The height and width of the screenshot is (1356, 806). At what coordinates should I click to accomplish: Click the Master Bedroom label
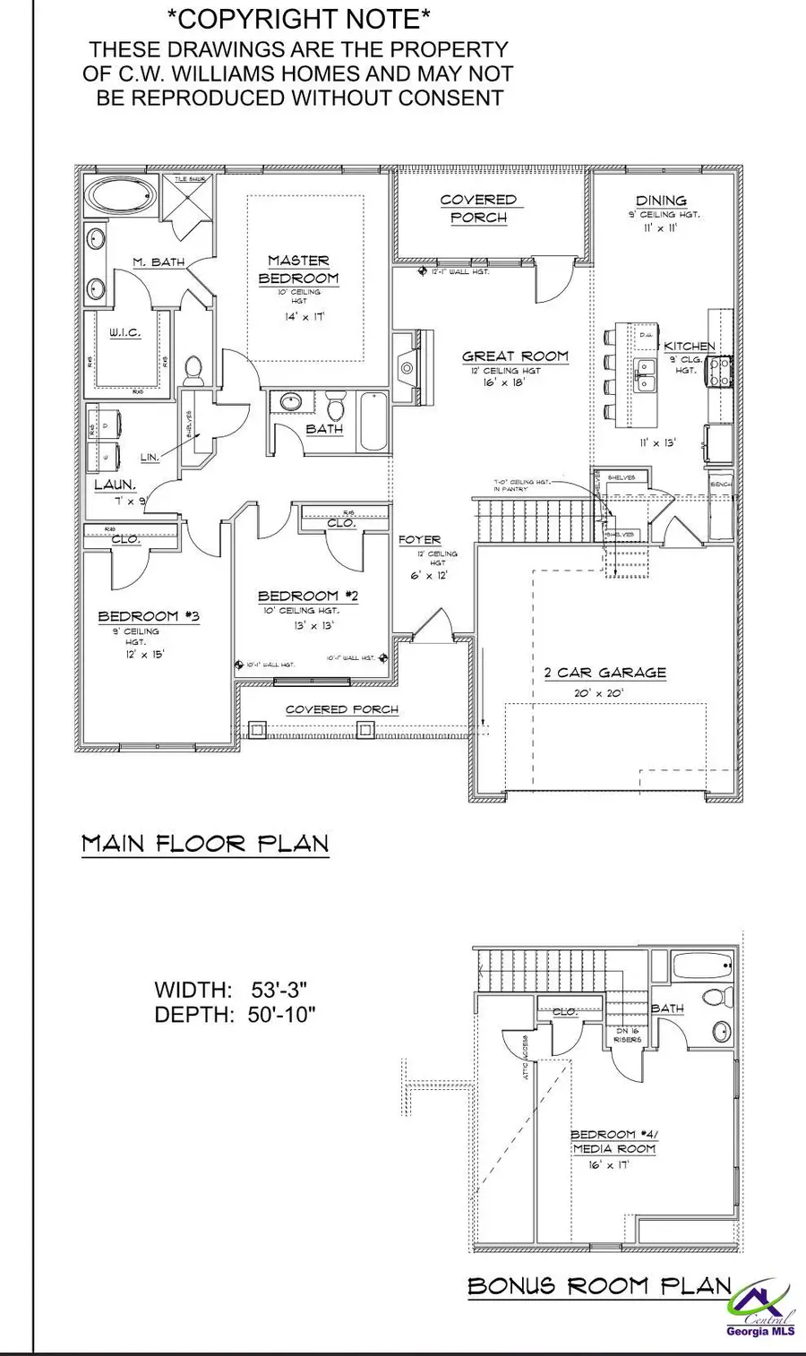tap(298, 270)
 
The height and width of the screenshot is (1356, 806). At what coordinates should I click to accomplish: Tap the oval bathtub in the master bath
tap(120, 197)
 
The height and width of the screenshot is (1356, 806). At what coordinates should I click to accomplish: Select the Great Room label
tap(515, 356)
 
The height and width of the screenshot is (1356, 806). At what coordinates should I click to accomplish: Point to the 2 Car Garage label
tap(605, 673)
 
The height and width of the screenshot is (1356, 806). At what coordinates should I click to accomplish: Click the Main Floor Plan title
tap(205, 844)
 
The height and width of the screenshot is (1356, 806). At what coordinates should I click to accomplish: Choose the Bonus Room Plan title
tap(599, 1286)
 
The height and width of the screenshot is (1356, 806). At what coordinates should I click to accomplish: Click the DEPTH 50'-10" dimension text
tap(235, 1015)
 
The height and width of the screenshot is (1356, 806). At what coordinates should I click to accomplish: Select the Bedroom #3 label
tap(149, 616)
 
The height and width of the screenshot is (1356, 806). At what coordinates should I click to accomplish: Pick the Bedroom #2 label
tap(298, 596)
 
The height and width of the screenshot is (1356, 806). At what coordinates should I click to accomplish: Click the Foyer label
tap(420, 540)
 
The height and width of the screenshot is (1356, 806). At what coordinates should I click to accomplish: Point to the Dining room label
tap(661, 201)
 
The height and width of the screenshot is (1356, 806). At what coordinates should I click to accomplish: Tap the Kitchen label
tap(689, 346)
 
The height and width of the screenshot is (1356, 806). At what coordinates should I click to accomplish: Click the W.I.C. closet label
tap(124, 332)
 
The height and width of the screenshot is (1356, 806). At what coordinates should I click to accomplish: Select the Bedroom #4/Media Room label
tap(613, 1141)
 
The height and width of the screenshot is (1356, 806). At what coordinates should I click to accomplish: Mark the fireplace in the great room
tap(408, 367)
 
